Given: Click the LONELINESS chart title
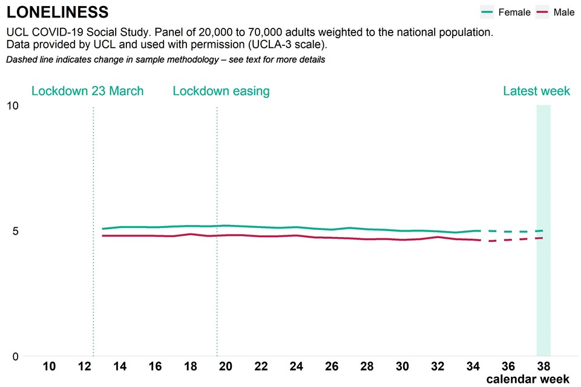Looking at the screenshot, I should tap(57, 11).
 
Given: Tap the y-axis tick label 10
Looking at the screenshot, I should tap(12, 106).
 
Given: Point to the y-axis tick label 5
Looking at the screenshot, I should tap(15, 231).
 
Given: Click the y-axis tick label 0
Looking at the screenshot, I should tap(15, 356).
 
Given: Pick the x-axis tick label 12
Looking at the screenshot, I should tap(85, 366).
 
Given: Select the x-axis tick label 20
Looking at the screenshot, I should tap(226, 366).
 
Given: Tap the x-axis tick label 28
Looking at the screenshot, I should tap(367, 366).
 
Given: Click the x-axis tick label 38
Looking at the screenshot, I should tap(543, 366).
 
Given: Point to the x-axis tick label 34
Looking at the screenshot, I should tap(473, 366).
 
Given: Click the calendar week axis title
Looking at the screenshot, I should tap(528, 379).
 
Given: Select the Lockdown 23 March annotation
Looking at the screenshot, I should tap(87, 91).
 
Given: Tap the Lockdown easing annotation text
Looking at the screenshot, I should tap(221, 91).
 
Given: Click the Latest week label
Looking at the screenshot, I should tap(536, 91).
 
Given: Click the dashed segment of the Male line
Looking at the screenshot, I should tap(514, 239).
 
